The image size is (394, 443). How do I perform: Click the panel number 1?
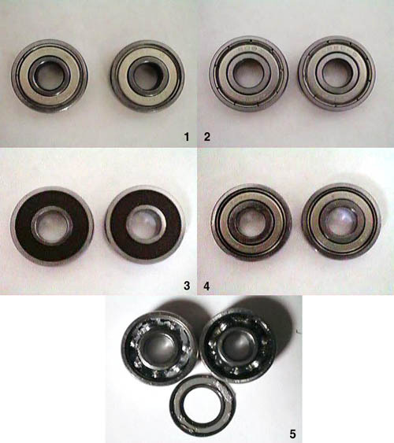(x=187, y=137)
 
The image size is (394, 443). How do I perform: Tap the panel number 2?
(x=207, y=137)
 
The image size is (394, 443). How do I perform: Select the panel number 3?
(x=187, y=286)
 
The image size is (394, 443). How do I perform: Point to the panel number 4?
(x=206, y=286)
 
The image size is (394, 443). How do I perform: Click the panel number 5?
(x=293, y=434)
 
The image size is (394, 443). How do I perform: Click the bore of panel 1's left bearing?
(x=50, y=74)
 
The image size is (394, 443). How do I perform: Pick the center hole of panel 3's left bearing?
(x=51, y=226)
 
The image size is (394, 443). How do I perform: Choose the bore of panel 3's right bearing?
(x=145, y=224)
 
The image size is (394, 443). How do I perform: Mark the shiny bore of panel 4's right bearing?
(x=341, y=221)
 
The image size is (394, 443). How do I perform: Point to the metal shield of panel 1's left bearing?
(x=24, y=75)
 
